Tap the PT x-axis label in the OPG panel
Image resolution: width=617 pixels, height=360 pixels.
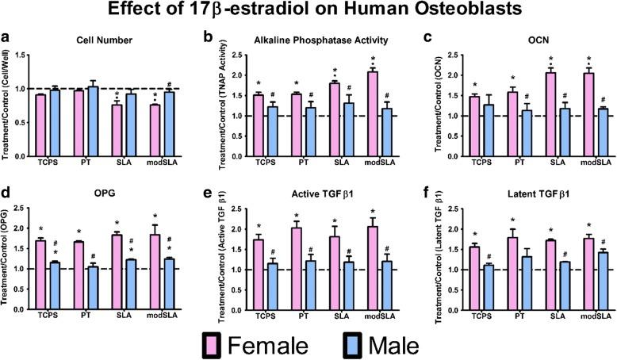coord(86,317)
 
